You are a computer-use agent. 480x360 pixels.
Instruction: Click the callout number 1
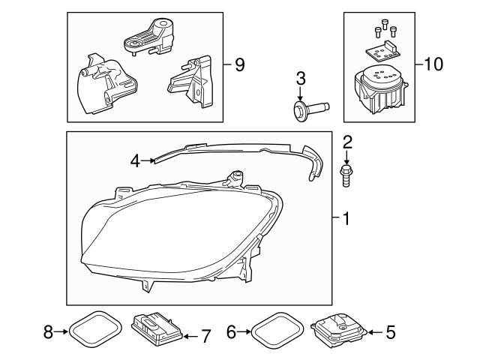pos(346,220)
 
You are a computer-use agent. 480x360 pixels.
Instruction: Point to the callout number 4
pos(136,159)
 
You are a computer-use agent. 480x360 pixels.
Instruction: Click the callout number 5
pos(389,331)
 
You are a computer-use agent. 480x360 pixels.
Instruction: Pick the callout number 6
pos(232,331)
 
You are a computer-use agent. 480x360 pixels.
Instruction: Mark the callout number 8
pos(48,331)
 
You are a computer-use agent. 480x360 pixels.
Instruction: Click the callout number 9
pos(239,64)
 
